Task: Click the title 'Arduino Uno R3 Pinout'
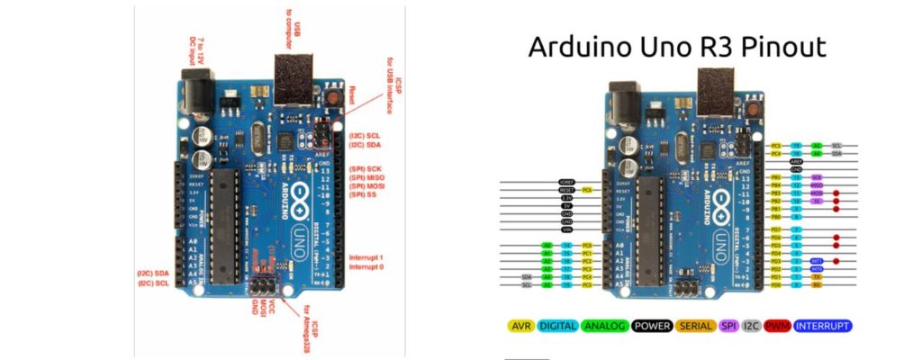676,46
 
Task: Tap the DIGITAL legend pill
558,325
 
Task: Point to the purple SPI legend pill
729,325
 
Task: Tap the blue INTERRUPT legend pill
823,325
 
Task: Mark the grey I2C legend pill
753,325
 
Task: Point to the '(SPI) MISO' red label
370,178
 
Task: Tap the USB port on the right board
714,102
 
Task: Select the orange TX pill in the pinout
817,277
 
